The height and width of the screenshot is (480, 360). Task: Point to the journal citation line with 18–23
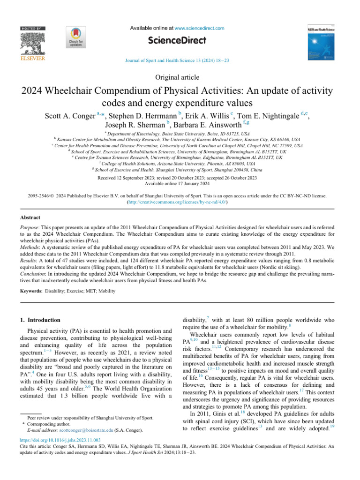(x=180, y=60)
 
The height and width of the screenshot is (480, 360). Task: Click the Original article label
(x=180, y=77)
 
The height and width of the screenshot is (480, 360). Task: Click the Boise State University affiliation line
(x=180, y=135)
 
